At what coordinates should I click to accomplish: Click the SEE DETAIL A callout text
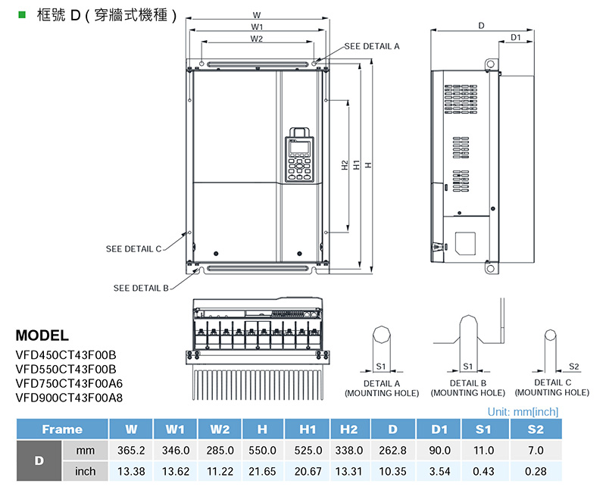[x=371, y=46]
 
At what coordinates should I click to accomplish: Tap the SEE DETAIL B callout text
[x=141, y=288]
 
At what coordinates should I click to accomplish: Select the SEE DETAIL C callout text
[x=133, y=248]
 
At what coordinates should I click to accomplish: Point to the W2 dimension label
[x=257, y=38]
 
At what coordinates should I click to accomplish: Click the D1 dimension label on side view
[x=515, y=37]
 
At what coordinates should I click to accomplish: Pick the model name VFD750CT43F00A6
[x=68, y=382]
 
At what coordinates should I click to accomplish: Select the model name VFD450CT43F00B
[x=66, y=354]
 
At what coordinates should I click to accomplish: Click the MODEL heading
[x=42, y=335]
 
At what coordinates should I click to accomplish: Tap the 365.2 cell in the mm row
[x=131, y=451]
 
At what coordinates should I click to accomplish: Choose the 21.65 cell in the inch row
[x=262, y=471]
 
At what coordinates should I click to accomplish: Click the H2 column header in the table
[x=348, y=429]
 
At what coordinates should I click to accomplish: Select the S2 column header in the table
[x=535, y=429]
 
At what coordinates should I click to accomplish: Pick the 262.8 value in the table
[x=392, y=451]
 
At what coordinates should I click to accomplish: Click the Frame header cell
[x=62, y=429]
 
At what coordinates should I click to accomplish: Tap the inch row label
[x=86, y=471]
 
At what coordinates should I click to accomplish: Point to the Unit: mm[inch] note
[x=523, y=412]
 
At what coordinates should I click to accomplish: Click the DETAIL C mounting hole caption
[x=551, y=388]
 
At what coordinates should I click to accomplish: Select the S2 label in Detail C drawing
[x=573, y=367]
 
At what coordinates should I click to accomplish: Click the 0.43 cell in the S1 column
[x=483, y=471]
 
